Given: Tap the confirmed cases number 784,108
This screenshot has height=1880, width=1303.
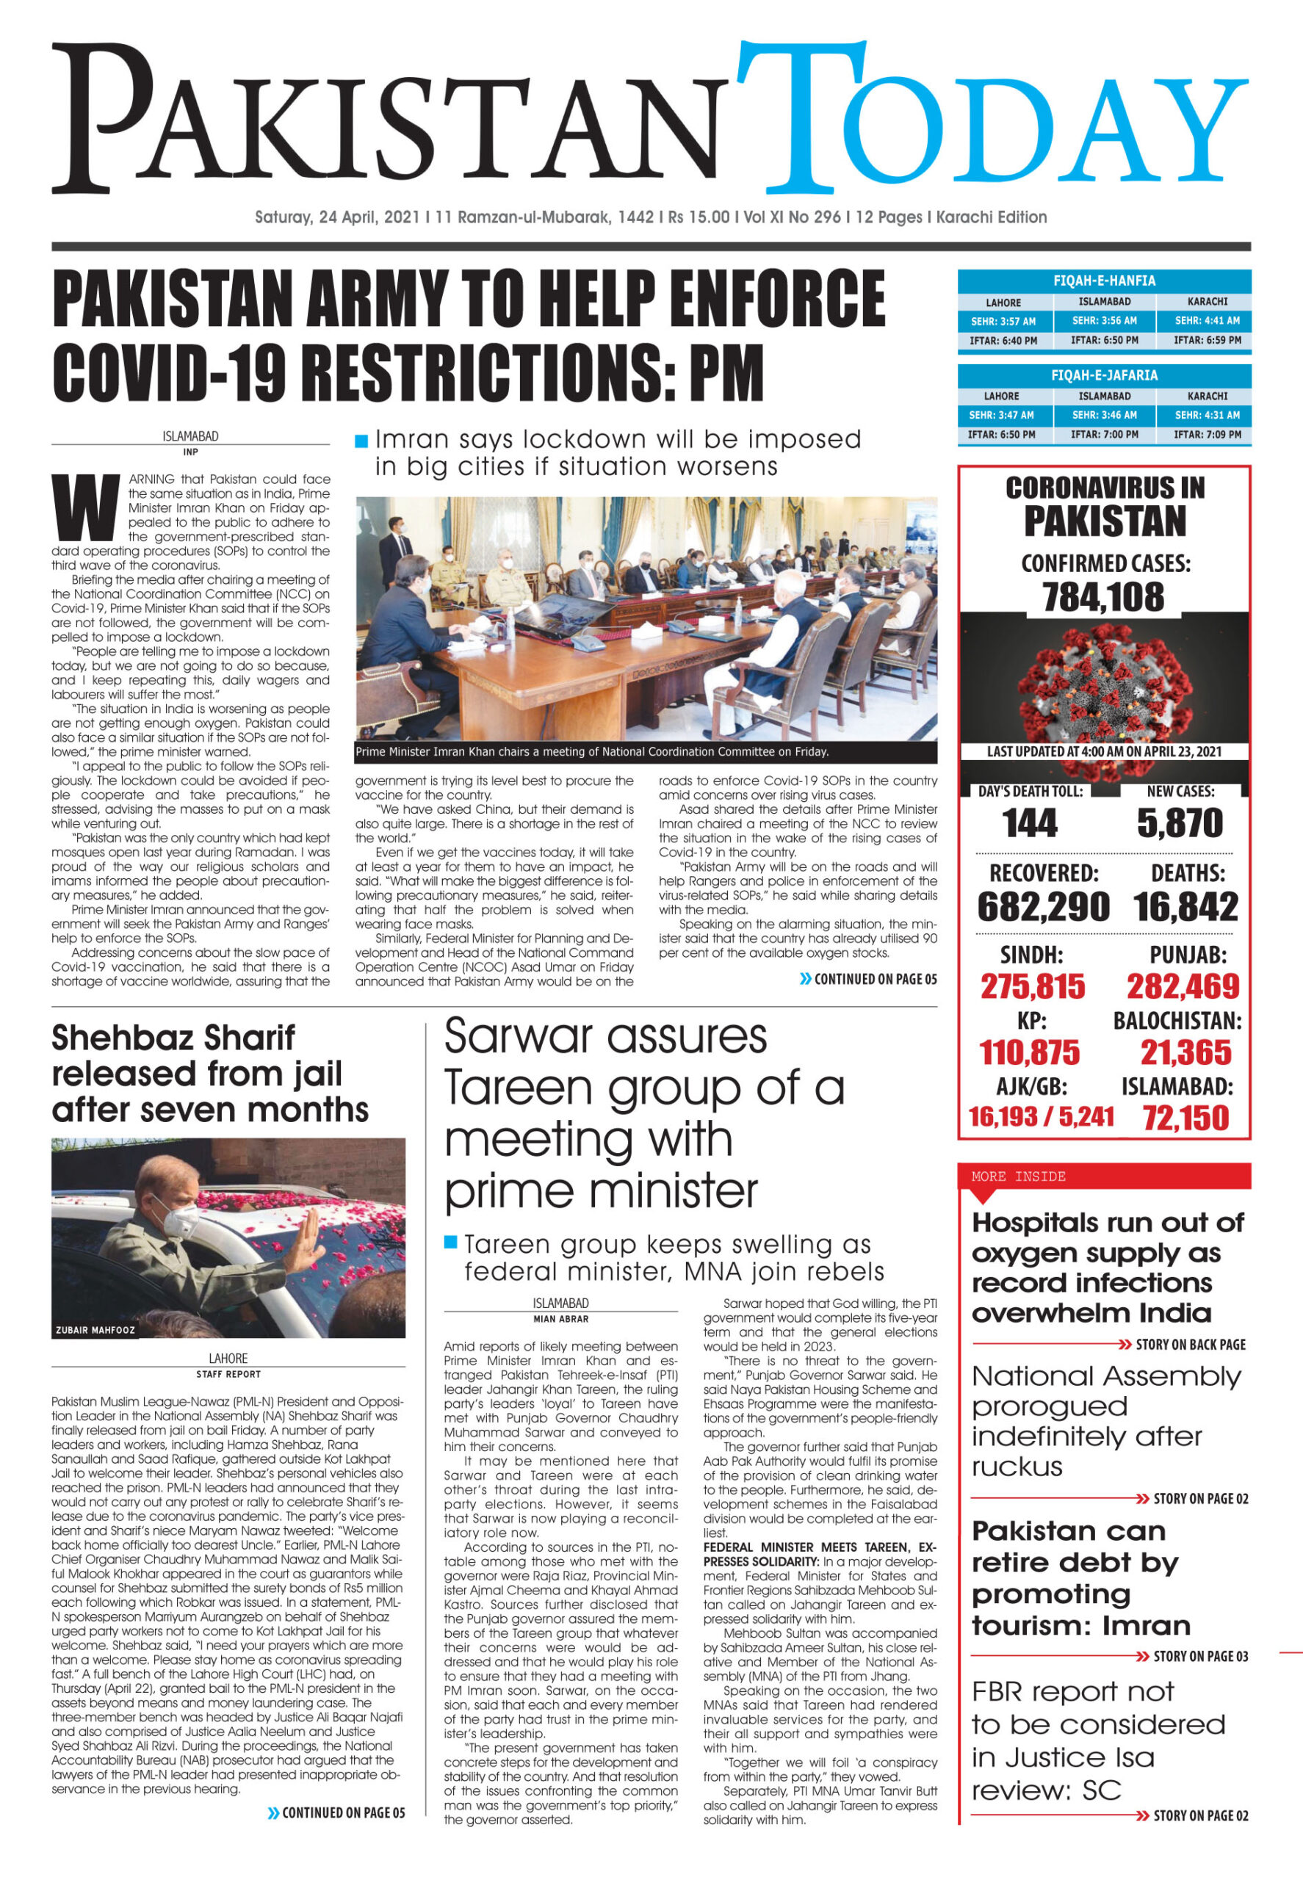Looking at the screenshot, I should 1103,597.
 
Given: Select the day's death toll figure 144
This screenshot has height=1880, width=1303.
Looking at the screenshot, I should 1030,822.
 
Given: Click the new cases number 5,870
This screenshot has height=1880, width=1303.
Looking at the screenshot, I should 1180,822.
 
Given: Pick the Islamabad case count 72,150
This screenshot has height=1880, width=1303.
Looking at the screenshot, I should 1185,1118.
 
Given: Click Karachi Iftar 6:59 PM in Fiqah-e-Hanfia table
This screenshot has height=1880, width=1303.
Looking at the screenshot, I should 1207,341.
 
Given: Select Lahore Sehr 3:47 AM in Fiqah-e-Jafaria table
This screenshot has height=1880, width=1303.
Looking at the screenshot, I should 1001,415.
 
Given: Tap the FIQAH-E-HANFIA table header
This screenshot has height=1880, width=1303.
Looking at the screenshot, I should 1104,281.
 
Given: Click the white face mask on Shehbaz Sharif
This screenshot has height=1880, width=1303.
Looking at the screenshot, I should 181,1221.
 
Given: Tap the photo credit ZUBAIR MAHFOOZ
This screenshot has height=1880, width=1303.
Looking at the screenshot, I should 95,1330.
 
